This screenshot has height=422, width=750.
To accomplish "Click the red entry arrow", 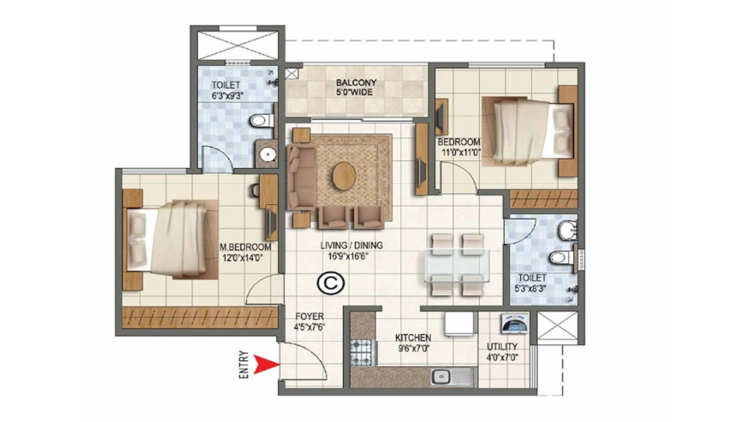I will (265, 364).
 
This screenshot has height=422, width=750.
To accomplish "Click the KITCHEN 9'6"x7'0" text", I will (413, 343).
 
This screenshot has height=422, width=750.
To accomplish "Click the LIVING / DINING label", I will (352, 246).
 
